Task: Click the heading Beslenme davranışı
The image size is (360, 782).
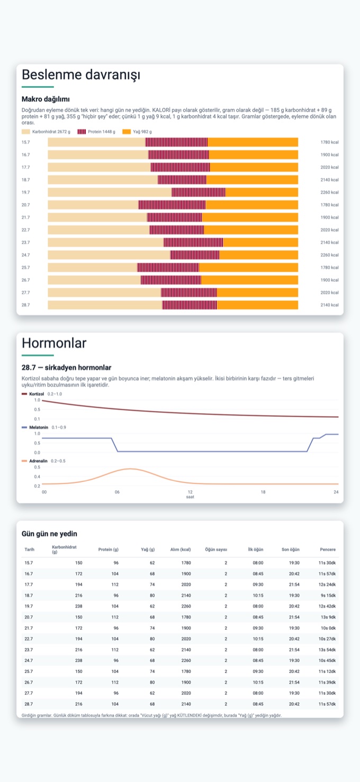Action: point(80,75)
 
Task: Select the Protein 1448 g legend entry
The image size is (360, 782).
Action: point(96,132)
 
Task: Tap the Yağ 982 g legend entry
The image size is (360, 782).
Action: point(137,132)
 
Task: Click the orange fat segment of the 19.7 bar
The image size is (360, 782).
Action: point(262,192)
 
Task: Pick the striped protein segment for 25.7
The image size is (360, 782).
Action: point(168,267)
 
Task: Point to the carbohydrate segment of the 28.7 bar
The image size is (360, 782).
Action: point(105,305)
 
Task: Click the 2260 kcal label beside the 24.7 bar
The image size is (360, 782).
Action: point(329,255)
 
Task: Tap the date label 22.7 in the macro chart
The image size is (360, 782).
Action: point(26,230)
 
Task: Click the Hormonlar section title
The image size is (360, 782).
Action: point(54,343)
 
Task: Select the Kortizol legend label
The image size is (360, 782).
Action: point(37,394)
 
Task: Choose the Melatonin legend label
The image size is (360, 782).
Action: point(39,427)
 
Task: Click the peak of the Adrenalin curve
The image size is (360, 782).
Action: point(130,469)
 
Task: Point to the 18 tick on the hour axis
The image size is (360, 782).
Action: point(263,492)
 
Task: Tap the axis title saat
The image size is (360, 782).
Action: point(190,497)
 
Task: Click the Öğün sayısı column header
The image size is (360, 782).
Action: point(216,550)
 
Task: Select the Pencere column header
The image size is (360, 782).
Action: point(328,550)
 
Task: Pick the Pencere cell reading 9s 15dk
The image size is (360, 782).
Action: point(328,595)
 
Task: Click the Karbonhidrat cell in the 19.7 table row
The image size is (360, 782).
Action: point(78,606)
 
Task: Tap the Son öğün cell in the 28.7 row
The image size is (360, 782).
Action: point(294,704)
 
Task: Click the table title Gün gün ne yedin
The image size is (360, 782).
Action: point(49,534)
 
